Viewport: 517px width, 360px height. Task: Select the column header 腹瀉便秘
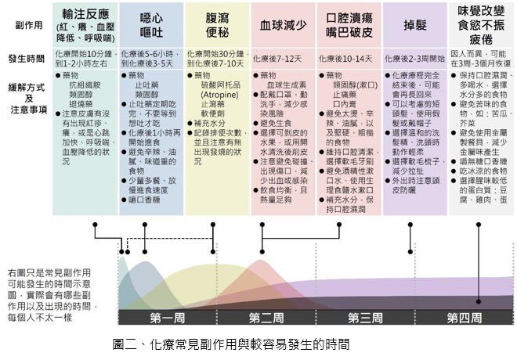tap(215, 25)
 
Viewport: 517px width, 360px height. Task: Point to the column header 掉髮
tap(414, 25)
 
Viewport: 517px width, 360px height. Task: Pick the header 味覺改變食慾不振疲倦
tap(481, 25)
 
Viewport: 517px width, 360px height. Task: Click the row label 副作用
tap(27, 25)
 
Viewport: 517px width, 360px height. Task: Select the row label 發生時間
tap(27, 58)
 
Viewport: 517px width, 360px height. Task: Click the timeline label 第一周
tap(166, 317)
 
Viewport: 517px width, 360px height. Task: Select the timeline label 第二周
tap(266, 317)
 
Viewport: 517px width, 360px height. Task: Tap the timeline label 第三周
tap(364, 317)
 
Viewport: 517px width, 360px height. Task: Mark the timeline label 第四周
tap(464, 317)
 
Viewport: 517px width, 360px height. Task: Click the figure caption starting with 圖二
tap(230, 344)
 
